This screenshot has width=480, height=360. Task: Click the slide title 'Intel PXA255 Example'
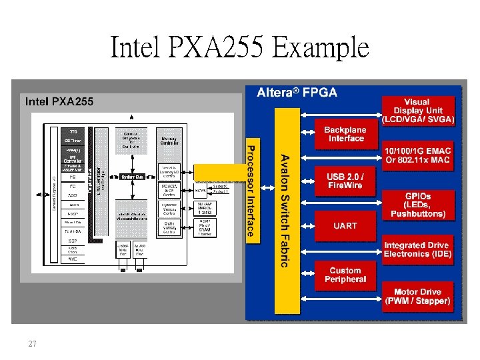tap(239, 48)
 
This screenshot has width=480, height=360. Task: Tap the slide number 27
tap(32, 344)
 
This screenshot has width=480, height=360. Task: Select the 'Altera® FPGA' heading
tap(297, 93)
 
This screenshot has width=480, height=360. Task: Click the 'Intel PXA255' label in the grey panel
tap(59, 101)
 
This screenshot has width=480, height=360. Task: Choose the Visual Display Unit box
tap(418, 111)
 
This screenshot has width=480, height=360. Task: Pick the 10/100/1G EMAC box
tap(418, 155)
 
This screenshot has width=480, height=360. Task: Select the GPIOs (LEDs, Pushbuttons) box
tap(418, 205)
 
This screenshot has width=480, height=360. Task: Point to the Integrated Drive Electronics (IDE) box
tap(418, 250)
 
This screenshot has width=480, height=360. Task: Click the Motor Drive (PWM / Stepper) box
tap(418, 297)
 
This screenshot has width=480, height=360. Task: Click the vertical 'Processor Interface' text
tap(251, 190)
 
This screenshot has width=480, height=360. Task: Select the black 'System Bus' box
tap(132, 177)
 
